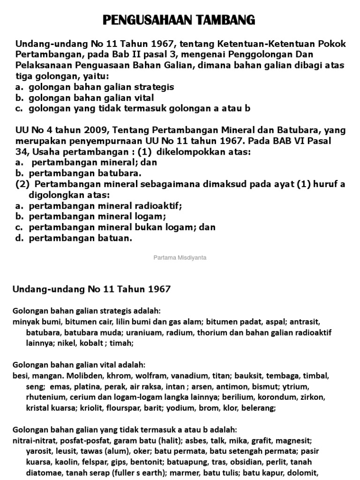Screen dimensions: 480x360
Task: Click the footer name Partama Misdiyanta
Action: point(180,257)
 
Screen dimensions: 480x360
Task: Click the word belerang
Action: point(260,408)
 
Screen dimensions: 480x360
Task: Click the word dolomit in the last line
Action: point(303,473)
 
